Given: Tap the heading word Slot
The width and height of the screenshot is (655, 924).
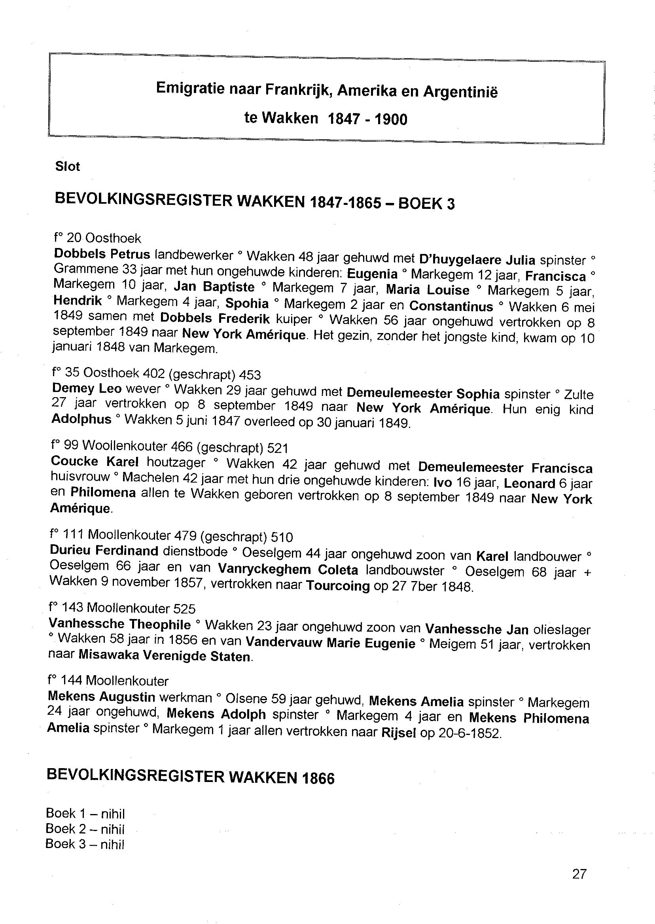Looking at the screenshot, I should coord(67,167).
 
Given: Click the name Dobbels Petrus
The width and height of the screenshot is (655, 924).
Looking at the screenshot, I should coord(102,254).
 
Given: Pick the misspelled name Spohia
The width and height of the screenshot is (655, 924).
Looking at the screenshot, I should coord(247,303).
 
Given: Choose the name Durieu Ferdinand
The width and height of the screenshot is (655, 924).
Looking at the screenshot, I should coord(104,550).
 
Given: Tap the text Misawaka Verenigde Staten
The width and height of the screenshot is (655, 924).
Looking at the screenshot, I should coord(165,656).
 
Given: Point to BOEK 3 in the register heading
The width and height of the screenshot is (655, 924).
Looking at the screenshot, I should coord(426,204).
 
